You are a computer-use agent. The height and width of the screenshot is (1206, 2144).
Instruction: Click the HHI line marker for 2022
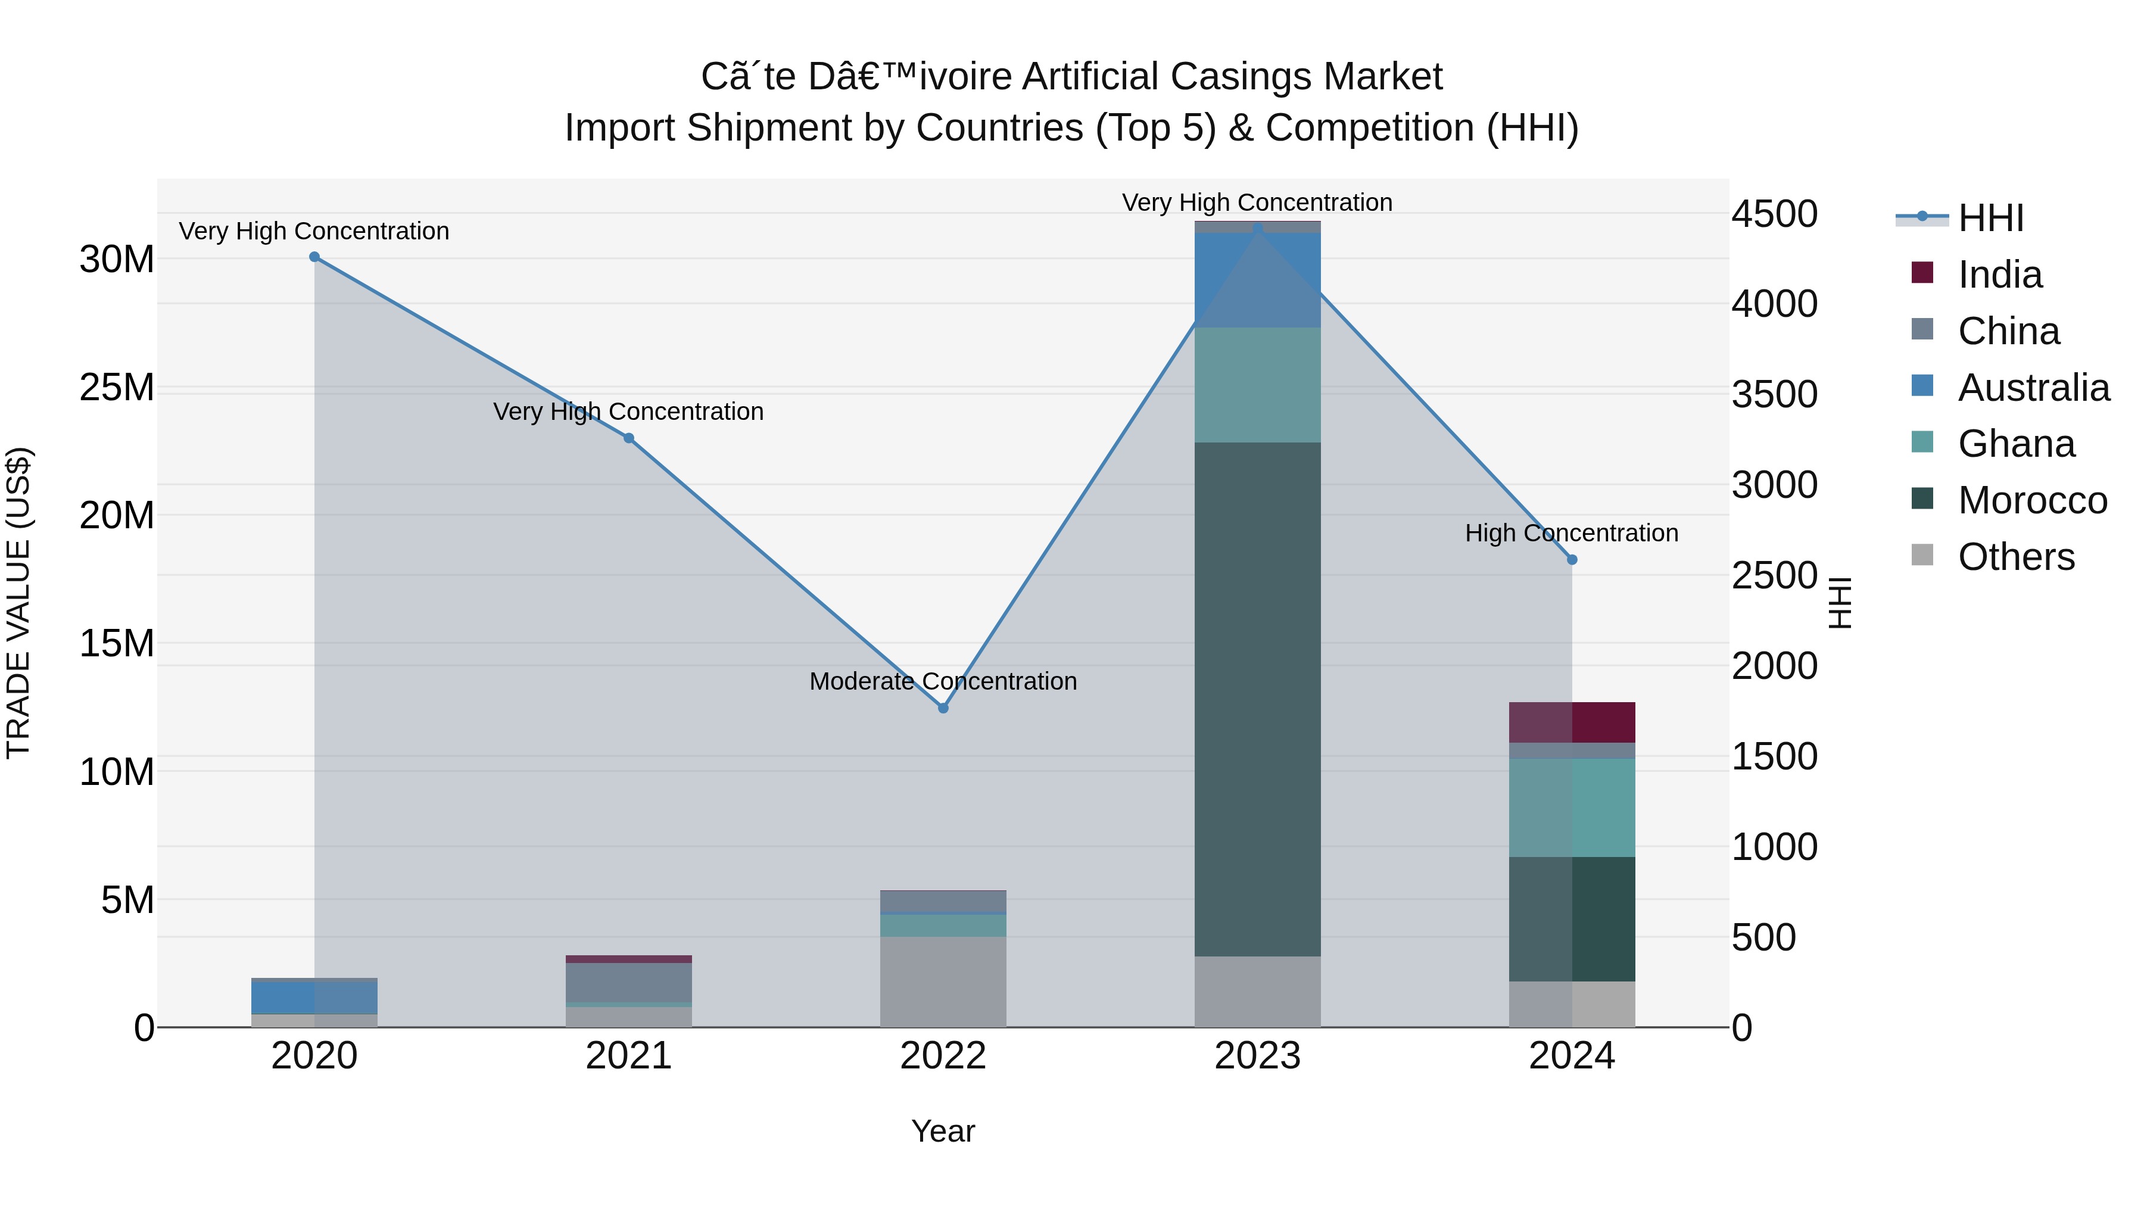click(x=943, y=708)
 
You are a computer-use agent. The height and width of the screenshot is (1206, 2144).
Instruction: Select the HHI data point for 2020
click(x=314, y=257)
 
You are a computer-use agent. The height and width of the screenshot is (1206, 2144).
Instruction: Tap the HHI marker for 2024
click(x=1572, y=560)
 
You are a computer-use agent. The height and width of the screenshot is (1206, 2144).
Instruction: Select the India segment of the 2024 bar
click(x=1572, y=722)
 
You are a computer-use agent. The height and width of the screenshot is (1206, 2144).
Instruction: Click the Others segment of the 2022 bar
click(x=943, y=981)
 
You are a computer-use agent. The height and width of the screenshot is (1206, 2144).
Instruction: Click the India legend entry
click(x=1999, y=275)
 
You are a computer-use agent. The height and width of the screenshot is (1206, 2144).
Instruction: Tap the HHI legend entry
click(x=1990, y=218)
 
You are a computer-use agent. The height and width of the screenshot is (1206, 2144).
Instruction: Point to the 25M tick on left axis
click(x=117, y=388)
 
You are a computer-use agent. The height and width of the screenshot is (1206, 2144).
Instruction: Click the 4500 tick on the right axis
click(x=1775, y=214)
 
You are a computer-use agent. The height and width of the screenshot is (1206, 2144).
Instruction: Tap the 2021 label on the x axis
click(x=628, y=1056)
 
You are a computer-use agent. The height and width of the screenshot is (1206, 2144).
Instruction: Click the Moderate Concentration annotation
click(x=943, y=681)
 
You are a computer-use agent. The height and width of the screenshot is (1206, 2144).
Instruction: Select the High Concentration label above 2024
click(x=1572, y=532)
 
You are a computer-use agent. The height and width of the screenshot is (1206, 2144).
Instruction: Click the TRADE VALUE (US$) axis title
click(x=18, y=603)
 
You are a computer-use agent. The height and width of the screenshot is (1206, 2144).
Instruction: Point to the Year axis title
click(x=943, y=1131)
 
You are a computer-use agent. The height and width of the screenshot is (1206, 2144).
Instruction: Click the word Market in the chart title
click(x=1382, y=77)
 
